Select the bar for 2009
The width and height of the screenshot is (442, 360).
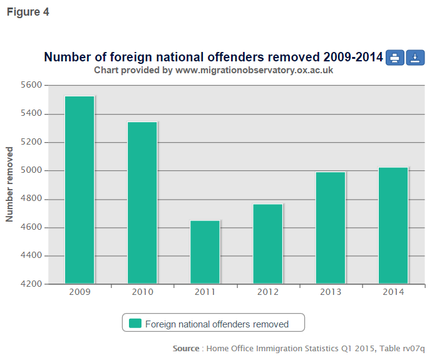coord(80,190)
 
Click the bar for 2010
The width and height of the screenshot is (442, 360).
coord(142,203)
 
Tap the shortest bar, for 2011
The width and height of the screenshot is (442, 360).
coord(205,252)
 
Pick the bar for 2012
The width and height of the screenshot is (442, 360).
coord(268,244)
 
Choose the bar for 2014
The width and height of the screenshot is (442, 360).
coord(393,225)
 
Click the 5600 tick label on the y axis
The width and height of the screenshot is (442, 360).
coord(31,85)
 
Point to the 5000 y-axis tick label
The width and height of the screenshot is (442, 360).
coord(31,170)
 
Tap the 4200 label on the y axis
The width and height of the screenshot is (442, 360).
coord(31,284)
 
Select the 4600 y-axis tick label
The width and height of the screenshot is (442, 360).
coord(31,227)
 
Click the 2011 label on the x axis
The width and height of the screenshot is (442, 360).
coord(205,292)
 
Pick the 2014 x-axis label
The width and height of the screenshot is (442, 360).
coord(393,292)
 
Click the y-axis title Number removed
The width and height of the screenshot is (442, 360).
coord(10,184)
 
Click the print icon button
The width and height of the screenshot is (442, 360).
coord(394,58)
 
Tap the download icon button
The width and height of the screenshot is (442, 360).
coord(416,58)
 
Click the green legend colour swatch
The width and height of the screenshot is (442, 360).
coord(135,324)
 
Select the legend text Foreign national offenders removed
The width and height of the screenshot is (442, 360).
coord(217,324)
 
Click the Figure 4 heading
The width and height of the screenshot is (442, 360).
coord(28,12)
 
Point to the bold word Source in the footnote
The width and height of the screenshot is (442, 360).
coord(186,348)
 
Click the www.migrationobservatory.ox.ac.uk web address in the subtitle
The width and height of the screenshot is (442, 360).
coord(254,71)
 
